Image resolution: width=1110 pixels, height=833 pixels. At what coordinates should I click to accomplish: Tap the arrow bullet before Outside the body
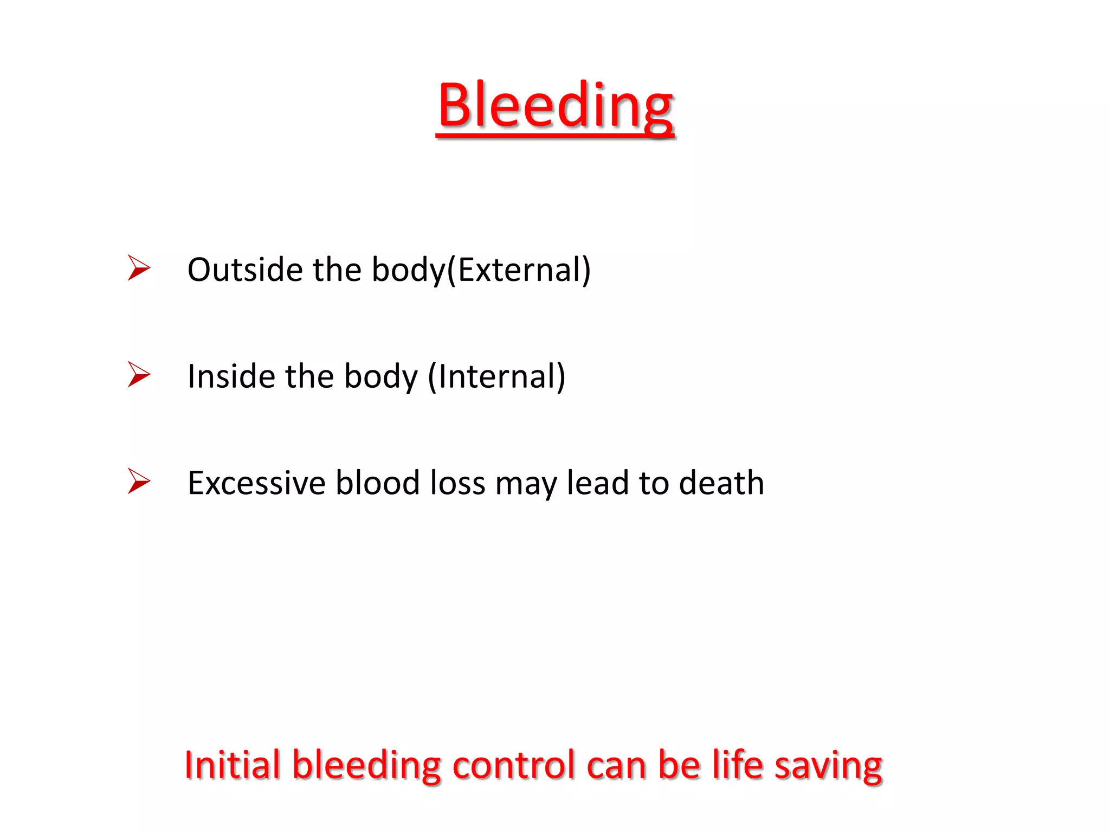[x=139, y=268]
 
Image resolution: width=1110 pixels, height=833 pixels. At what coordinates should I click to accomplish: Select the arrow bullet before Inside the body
[x=139, y=375]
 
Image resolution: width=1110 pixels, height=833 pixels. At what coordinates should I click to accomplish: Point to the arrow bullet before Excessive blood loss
[x=139, y=481]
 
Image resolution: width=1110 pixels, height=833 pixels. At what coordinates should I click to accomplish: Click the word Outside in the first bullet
[x=244, y=270]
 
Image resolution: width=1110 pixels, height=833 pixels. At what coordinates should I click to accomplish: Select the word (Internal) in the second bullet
[x=496, y=376]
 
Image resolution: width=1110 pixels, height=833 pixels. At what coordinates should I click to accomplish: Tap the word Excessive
[x=256, y=483]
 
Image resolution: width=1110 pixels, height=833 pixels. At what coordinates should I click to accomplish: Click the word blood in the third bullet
[x=377, y=483]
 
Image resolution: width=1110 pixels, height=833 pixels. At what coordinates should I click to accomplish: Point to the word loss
[x=457, y=483]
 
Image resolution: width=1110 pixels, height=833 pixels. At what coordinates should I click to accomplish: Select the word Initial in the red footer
[x=232, y=765]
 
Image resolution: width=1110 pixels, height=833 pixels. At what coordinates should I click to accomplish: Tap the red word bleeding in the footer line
[x=366, y=765]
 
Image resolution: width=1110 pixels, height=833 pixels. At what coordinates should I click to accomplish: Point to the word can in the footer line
[x=617, y=765]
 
